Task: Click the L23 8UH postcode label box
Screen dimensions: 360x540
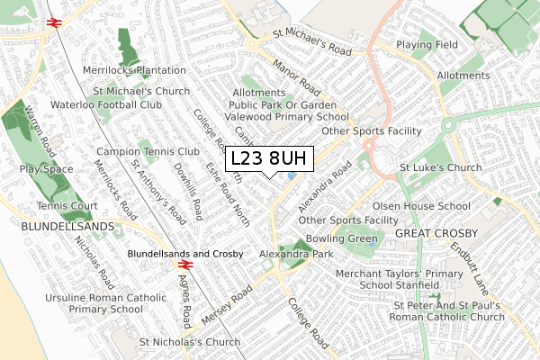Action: click(269, 158)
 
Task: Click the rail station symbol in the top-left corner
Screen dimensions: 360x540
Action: click(53, 21)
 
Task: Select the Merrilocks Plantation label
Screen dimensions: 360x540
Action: click(133, 70)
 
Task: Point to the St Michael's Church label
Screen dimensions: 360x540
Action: click(142, 92)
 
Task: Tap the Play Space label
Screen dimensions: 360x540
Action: click(46, 168)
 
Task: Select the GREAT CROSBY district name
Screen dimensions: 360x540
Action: click(433, 234)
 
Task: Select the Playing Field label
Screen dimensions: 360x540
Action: click(427, 44)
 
